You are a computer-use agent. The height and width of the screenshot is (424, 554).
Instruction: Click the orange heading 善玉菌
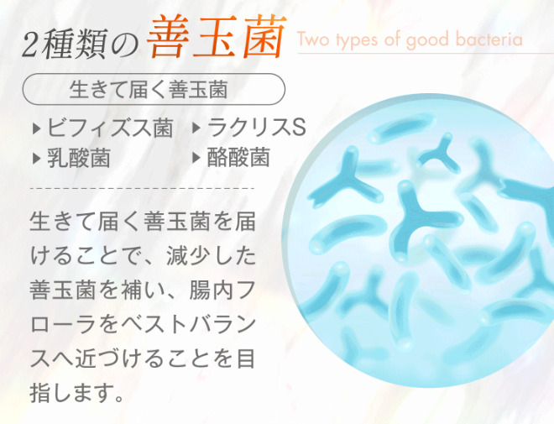pos(217,37)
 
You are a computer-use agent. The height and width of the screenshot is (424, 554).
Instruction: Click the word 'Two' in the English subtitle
pos(314,39)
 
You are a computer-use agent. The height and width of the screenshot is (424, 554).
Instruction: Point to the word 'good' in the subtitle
pos(427,40)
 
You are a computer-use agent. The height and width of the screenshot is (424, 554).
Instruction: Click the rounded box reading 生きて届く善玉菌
pos(154,89)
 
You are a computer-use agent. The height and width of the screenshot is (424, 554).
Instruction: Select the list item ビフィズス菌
pos(110,128)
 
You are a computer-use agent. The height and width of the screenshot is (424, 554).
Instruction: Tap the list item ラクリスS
pos(257,128)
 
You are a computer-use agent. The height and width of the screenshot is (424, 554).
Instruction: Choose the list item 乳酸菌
pos(79,158)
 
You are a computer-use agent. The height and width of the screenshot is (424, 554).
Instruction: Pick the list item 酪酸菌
pos(238,157)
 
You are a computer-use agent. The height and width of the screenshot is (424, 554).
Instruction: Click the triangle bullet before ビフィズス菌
pos(36,128)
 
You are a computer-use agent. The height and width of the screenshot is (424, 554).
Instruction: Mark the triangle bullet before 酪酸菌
pos(196,158)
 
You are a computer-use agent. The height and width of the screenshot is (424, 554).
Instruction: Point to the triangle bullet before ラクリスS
pos(196,128)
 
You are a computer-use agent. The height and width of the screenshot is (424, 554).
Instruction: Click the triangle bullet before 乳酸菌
pos(36,159)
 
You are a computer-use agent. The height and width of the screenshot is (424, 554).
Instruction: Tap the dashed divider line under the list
pos(142,188)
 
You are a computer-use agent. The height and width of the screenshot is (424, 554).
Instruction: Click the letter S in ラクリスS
pos(299,128)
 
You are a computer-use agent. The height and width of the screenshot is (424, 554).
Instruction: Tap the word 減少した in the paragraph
pos(212,256)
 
